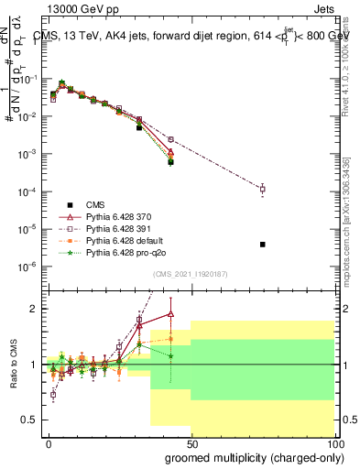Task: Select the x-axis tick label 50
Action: (x=191, y=442)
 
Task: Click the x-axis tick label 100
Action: (x=332, y=442)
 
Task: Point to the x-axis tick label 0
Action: (x=49, y=442)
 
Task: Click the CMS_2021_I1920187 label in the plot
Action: (x=191, y=273)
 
